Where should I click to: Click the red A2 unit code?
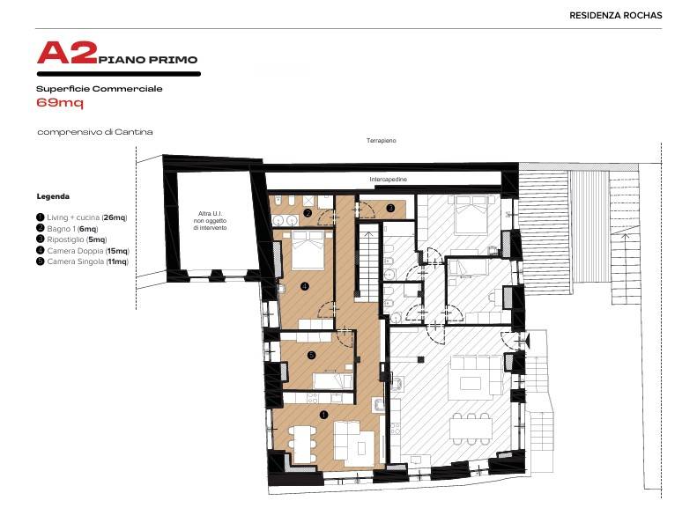pos(67,53)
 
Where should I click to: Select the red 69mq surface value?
pos(60,103)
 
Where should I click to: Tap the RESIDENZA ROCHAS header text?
pos(616,15)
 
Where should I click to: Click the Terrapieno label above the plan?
pos(381,140)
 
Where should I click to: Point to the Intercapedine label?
pos(388,180)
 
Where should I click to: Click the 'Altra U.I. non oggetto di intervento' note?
pos(210,221)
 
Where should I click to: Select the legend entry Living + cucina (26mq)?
pos(82,217)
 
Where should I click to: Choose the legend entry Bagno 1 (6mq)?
pos(67,229)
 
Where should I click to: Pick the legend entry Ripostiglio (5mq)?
pos(71,239)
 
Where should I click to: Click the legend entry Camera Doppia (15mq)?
pos(83,251)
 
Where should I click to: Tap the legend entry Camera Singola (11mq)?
pos(82,261)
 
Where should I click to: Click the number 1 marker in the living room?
pos(323,415)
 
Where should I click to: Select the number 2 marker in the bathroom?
pos(308,213)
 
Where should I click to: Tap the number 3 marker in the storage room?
pos(390,208)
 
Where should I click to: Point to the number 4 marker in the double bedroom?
pos(305,286)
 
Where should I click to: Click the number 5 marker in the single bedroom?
pos(311,355)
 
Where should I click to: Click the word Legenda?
pos(53,196)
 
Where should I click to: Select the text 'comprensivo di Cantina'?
pos(95,132)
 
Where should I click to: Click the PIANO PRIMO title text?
pos(148,60)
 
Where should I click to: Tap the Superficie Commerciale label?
pos(99,89)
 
